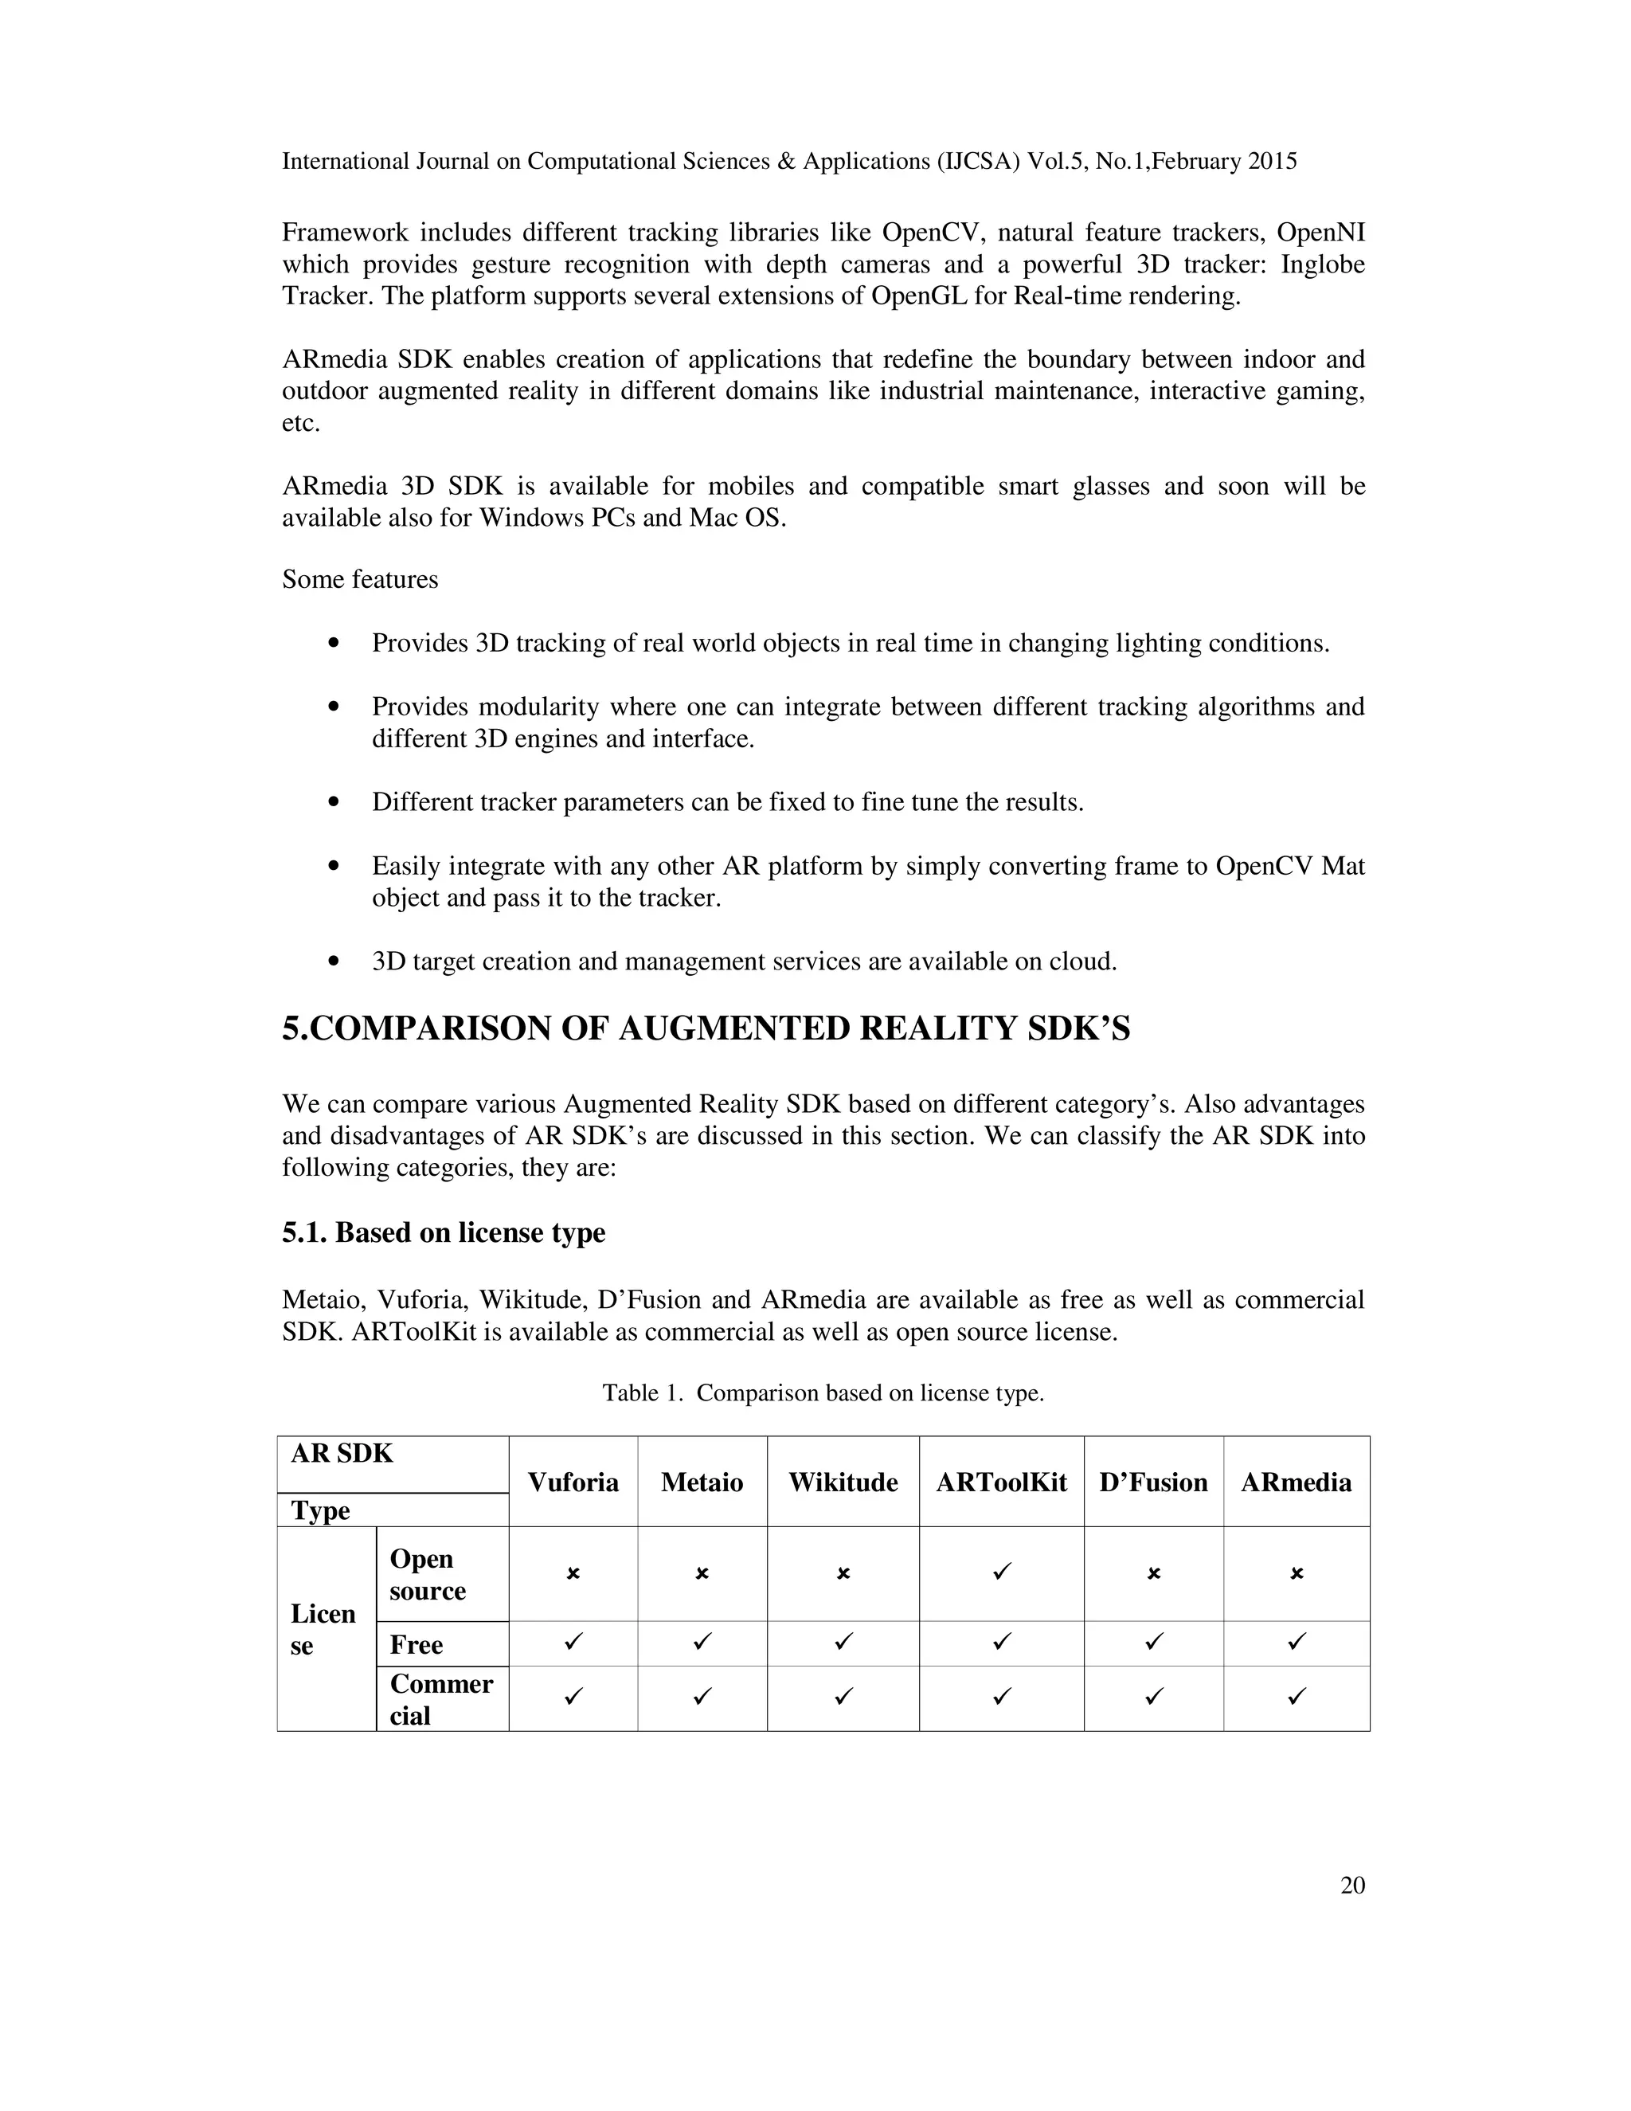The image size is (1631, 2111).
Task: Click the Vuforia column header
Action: [x=573, y=1482]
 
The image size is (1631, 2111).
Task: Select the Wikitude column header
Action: [x=843, y=1482]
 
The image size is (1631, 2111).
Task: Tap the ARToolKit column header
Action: [x=1001, y=1482]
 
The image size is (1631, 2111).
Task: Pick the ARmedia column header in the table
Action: [x=1296, y=1482]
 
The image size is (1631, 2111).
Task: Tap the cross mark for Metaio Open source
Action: [x=702, y=1573]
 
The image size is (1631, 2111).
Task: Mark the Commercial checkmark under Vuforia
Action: [x=573, y=1695]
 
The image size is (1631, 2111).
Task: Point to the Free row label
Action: [x=416, y=1644]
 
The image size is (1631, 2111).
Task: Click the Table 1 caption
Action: [x=823, y=1392]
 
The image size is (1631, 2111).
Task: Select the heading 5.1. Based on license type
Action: [x=444, y=1232]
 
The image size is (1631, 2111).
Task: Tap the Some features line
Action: [x=359, y=579]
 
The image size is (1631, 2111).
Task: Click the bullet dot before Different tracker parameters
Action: [x=334, y=802]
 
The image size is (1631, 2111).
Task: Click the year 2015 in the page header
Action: [x=1272, y=162]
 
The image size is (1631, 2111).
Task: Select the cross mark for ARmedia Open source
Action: [x=1297, y=1573]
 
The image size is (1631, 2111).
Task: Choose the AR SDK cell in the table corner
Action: [x=342, y=1454]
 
